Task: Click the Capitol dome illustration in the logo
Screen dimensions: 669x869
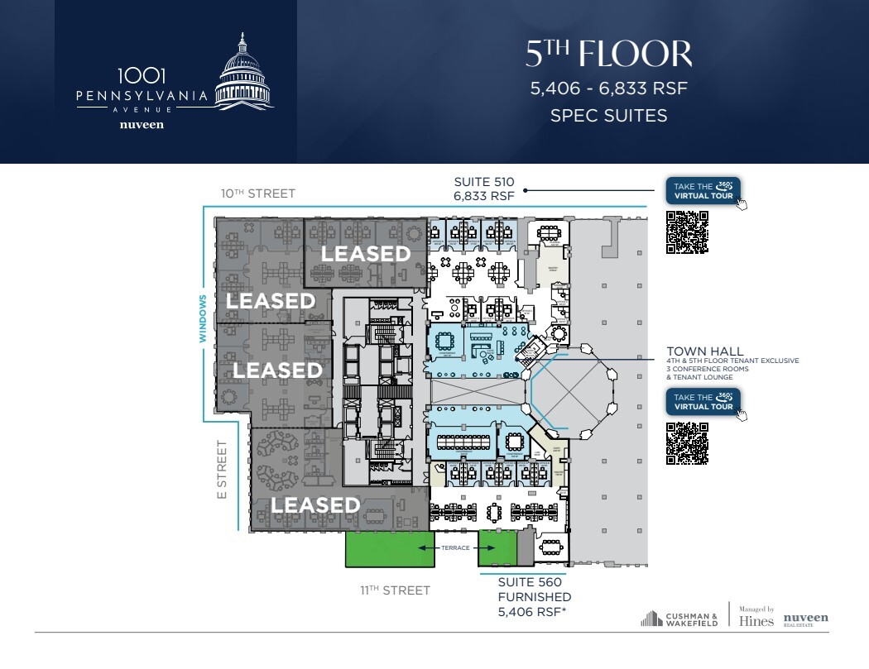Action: (244, 73)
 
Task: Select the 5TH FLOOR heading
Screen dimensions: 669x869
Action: (608, 55)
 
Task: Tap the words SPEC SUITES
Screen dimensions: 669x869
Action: (608, 115)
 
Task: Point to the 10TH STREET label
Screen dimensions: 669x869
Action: (257, 194)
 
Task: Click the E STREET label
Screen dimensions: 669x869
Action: (222, 469)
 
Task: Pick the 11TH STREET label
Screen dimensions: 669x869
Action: (395, 590)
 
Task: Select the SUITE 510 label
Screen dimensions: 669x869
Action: (484, 182)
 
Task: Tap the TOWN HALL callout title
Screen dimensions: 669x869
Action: (705, 351)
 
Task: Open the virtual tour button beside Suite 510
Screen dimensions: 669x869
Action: (703, 191)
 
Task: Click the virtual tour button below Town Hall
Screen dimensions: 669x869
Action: (703, 402)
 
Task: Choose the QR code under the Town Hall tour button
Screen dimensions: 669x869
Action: (687, 442)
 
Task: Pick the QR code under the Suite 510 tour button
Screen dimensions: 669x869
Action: (687, 232)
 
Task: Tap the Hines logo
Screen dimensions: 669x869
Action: (756, 619)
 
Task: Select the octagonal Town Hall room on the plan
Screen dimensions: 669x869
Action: (573, 397)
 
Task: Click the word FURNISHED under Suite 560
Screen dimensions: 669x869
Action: (534, 597)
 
